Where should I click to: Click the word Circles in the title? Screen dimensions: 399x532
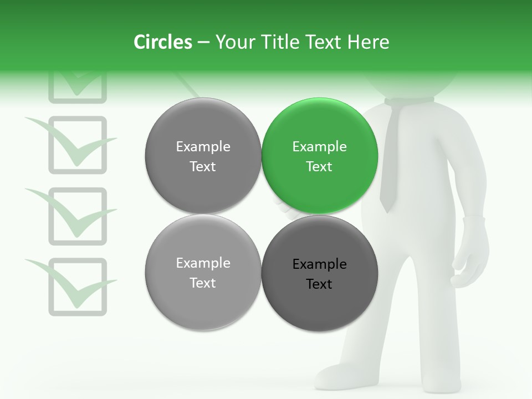pos(163,42)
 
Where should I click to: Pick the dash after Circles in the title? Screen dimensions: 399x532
pos(203,43)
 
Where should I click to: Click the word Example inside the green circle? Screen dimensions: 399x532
pos(319,147)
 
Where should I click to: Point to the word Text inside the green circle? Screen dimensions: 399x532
pos(319,167)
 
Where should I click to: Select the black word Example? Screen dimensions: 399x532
pos(319,264)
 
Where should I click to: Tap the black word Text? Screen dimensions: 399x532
pos(319,284)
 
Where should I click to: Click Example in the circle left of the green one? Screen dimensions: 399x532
pos(203,147)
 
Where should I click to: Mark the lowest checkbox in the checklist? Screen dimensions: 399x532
pos(77,287)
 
